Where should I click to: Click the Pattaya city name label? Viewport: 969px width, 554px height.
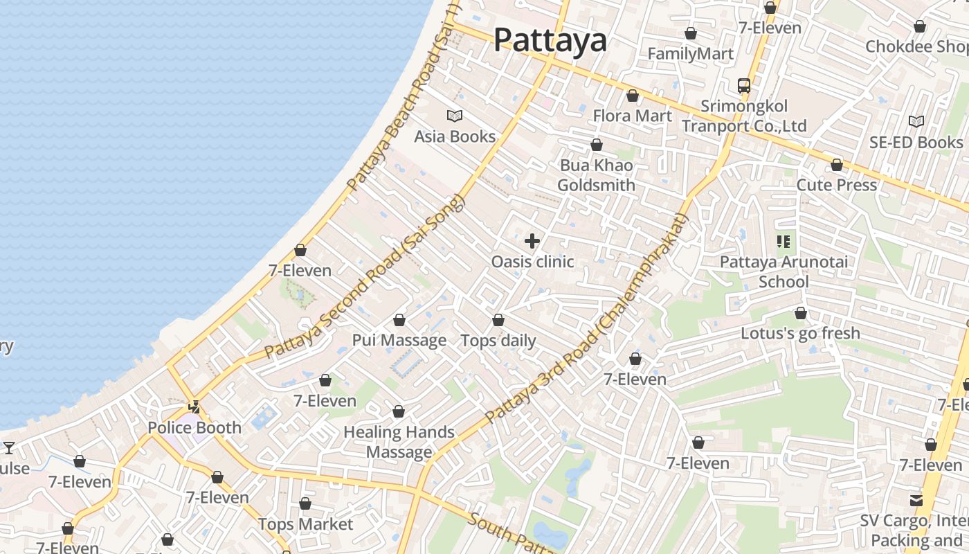550,40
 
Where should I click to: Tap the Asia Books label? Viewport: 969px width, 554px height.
455,136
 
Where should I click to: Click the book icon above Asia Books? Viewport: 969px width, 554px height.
455,116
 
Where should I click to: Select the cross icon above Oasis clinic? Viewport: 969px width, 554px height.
532,241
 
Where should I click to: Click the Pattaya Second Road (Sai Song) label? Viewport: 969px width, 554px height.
364,277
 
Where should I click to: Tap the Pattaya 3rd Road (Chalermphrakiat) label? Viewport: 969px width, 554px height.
588,319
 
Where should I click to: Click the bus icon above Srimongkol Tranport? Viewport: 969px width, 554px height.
744,86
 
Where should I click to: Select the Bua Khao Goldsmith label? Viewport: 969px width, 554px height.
596,175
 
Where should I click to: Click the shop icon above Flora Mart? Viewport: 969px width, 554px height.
633,96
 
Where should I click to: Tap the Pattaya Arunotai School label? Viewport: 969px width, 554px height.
784,271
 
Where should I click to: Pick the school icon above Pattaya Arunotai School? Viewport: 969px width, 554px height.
784,242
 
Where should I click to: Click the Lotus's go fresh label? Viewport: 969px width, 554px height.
801,333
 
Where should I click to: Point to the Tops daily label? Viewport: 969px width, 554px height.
498,341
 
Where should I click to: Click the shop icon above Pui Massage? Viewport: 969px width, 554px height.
399,320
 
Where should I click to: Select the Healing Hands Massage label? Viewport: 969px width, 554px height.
399,442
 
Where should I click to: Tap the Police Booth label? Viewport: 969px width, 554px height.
195,427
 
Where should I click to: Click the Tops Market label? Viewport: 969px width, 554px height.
305,524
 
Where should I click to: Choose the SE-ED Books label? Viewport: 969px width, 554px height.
916,142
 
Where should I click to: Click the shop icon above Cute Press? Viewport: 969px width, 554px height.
837,166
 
